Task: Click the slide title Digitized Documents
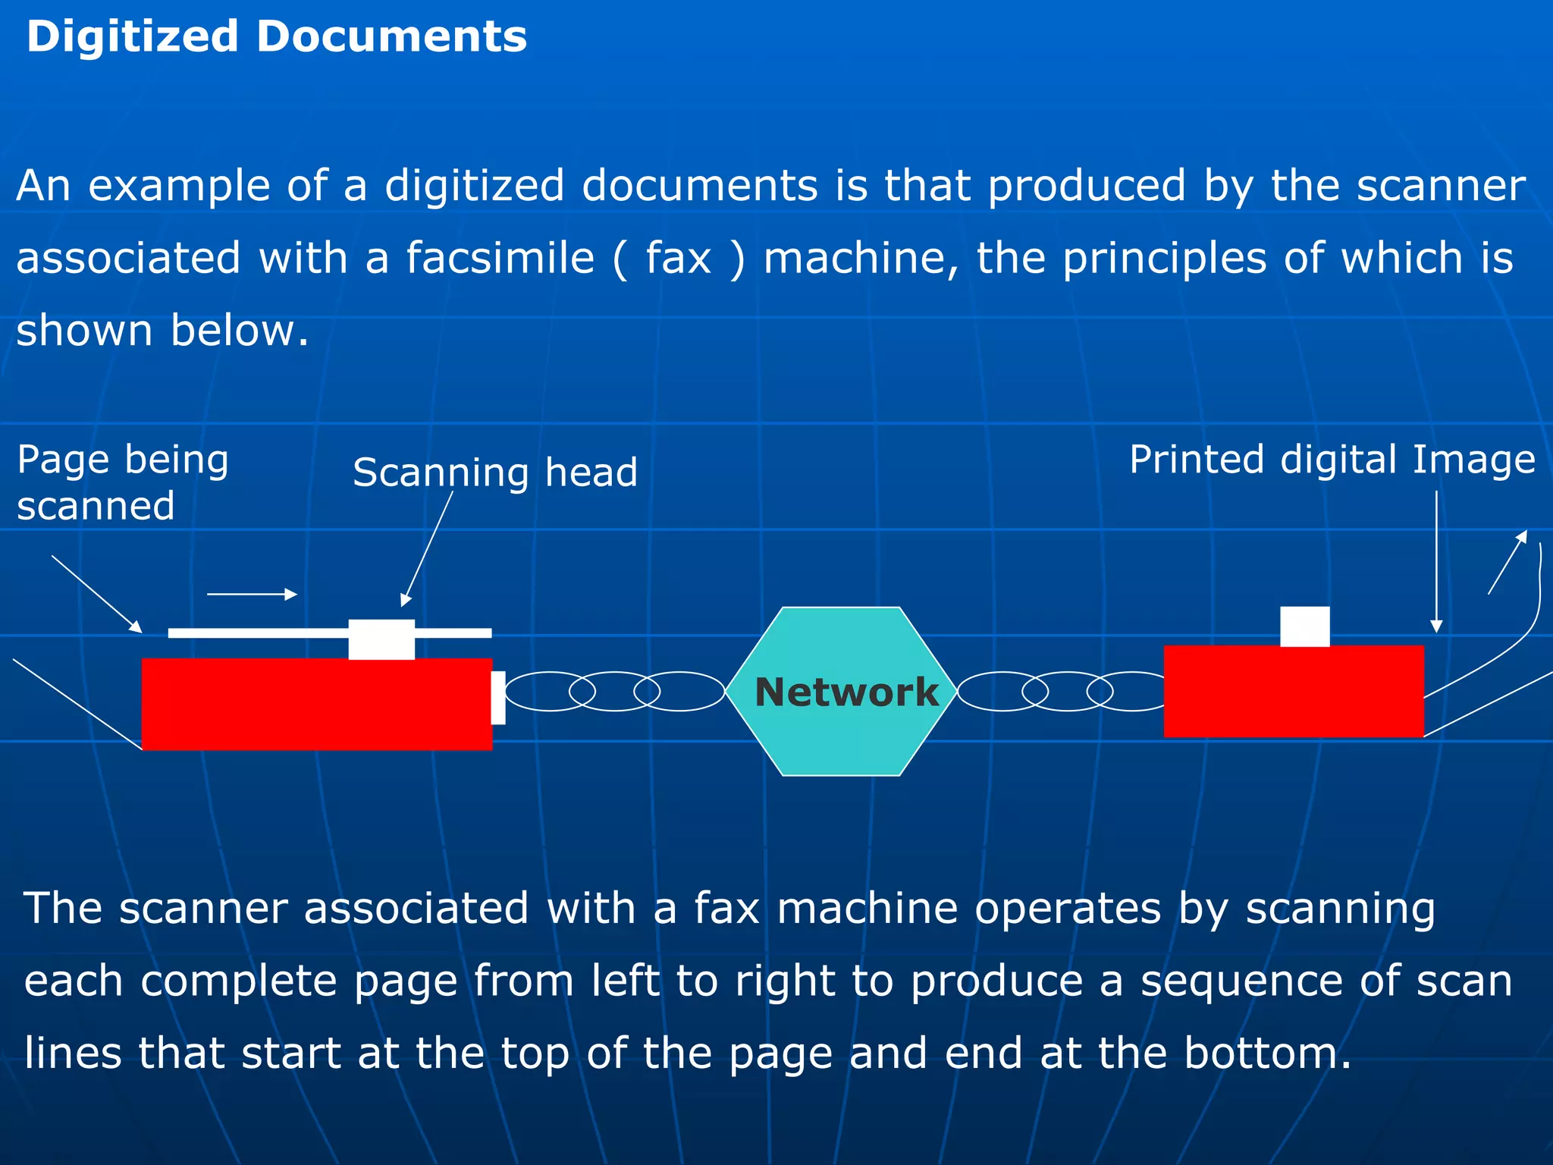tap(276, 36)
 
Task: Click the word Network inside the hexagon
tap(846, 692)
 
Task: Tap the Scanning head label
tap(495, 473)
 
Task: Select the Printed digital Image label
tap(1332, 460)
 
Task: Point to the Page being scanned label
tap(121, 482)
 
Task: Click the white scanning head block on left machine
tap(381, 639)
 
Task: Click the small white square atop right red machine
tap(1304, 626)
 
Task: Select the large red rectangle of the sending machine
tap(316, 704)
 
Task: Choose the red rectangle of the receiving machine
tap(1293, 691)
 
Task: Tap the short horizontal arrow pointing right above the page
tap(252, 595)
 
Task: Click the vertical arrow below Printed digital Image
tap(1435, 561)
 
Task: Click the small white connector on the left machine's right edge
tap(498, 697)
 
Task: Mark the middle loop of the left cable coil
tap(614, 691)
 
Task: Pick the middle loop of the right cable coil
tap(1067, 691)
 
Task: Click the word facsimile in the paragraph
tap(500, 258)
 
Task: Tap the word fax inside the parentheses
tap(678, 258)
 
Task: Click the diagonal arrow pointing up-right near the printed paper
tap(1507, 562)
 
